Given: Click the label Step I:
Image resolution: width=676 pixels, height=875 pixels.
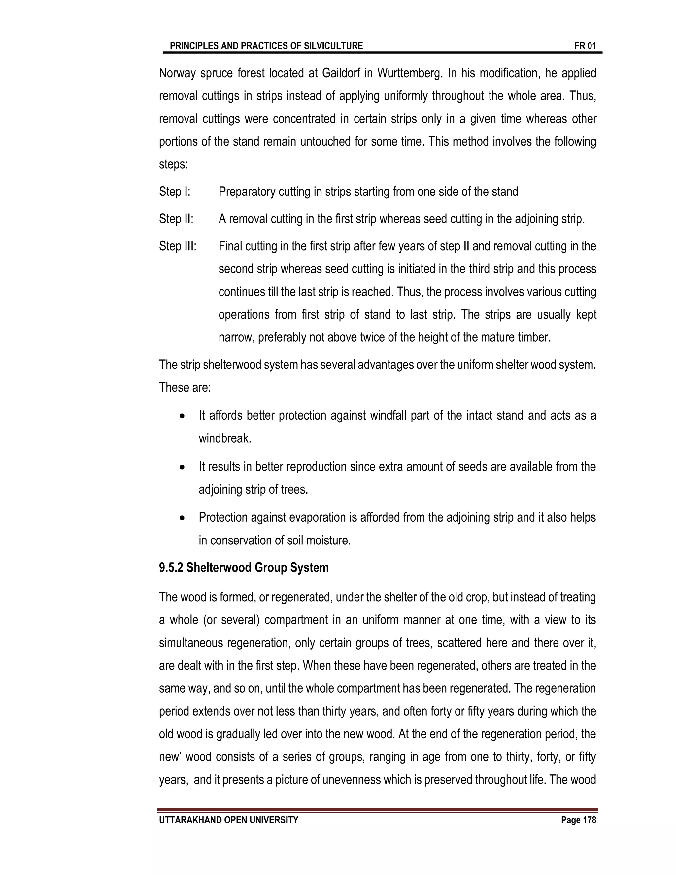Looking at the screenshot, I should point(175,192).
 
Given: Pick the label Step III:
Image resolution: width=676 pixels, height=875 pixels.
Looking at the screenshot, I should point(178,246).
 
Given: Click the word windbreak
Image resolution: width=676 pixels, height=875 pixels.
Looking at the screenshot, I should point(225,439).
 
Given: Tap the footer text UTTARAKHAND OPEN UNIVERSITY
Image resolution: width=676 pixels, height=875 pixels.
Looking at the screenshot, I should point(228,820).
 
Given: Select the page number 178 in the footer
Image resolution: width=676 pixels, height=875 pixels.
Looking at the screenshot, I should point(589,820).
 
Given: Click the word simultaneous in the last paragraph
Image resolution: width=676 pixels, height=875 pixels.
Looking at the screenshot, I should point(190,643).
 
